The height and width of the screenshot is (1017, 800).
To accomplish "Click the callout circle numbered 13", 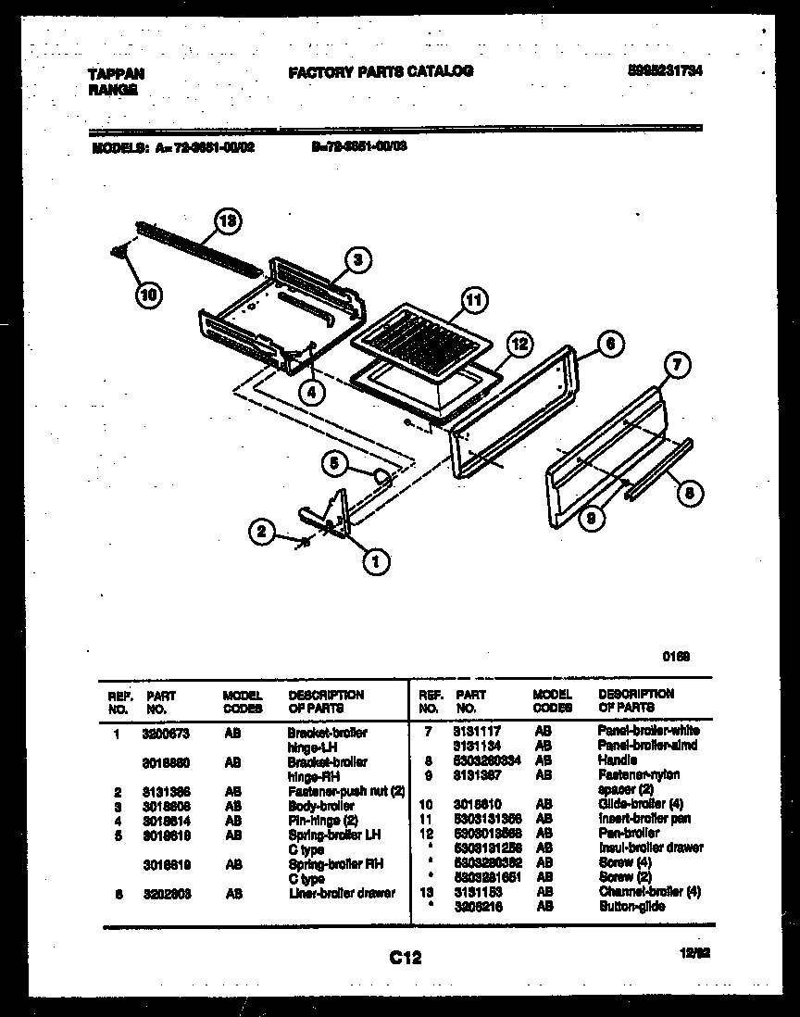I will coord(227,221).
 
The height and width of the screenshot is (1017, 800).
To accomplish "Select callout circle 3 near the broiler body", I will coord(359,260).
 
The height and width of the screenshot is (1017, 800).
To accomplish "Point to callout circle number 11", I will coord(473,299).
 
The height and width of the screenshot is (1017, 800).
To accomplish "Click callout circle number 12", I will coord(520,344).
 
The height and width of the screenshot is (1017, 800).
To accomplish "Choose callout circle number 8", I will coord(686,493).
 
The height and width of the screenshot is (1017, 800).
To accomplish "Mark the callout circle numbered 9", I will coord(589,520).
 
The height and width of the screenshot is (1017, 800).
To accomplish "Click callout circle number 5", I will coord(335,463).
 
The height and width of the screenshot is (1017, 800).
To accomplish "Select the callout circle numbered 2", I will coord(262,532).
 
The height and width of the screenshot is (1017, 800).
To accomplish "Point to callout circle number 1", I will coord(375,559).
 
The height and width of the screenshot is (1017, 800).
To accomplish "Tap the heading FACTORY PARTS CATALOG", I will coord(381,71).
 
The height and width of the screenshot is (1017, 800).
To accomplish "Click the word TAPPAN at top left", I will coord(116,73).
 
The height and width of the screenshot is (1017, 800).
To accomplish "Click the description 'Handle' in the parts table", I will coord(618,760).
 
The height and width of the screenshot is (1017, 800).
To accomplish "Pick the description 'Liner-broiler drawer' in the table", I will coord(342,893).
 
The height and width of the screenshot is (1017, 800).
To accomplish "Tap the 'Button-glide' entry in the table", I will coord(631,906).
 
